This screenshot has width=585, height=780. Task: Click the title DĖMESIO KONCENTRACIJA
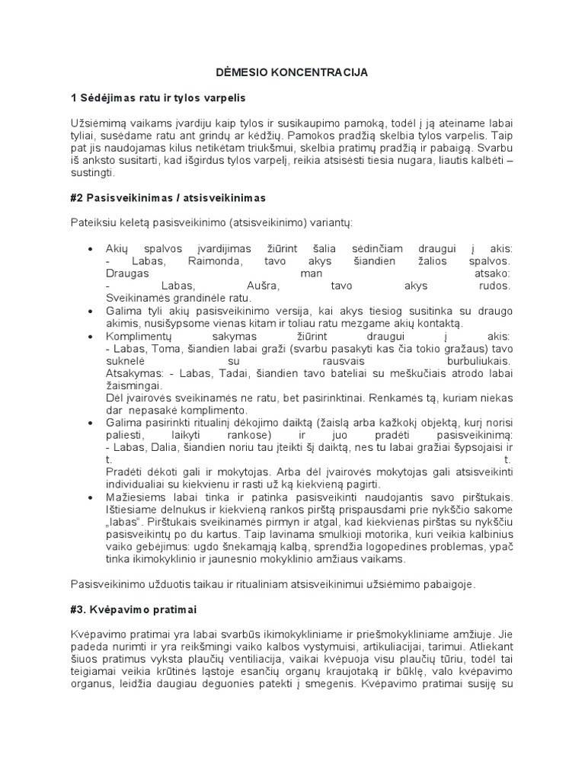[x=292, y=72]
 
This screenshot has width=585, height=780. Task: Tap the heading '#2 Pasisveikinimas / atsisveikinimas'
[x=168, y=198]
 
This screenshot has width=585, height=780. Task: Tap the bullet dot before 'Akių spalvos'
[x=91, y=248]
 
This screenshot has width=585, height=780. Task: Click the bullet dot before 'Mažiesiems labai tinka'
[x=91, y=496]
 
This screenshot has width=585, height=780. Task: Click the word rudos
[x=494, y=285]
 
